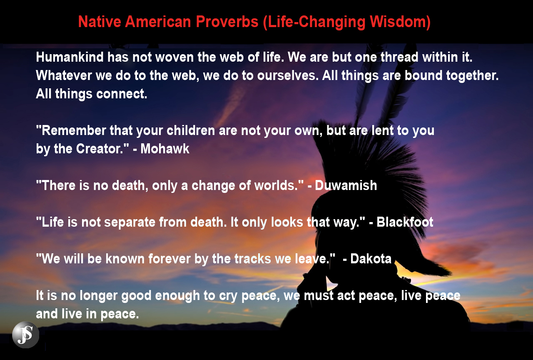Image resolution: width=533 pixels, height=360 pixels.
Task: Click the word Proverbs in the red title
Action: coord(227,22)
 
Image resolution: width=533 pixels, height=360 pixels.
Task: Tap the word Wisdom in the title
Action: coord(400,22)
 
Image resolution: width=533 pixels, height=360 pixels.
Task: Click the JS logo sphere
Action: coord(26,335)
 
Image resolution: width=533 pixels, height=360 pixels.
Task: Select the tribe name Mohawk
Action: coord(164,149)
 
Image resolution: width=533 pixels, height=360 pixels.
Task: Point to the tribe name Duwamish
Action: coord(346,185)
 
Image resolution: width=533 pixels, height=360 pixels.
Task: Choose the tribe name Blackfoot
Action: coord(405,222)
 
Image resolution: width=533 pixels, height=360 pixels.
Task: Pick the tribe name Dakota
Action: coord(371,259)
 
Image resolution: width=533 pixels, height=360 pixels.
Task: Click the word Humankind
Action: coord(70,57)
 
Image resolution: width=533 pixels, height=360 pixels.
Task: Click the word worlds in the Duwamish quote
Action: coord(276,185)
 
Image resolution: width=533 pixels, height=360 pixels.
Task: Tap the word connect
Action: coord(122,94)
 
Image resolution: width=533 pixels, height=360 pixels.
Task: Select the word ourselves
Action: coord(287,75)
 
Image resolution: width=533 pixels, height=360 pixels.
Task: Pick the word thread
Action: coord(399,57)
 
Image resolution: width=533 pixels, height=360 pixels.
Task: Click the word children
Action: coord(191,130)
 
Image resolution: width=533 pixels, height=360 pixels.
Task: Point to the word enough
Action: coord(177,296)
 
